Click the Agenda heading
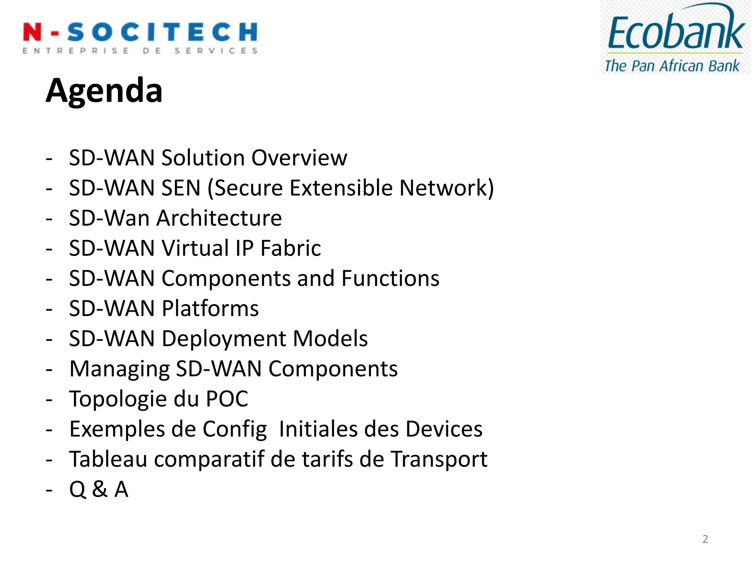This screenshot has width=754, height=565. [104, 90]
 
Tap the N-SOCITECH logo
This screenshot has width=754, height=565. [140, 37]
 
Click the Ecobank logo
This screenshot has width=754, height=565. [675, 37]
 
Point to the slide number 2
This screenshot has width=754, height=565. [705, 539]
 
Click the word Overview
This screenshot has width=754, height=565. [299, 158]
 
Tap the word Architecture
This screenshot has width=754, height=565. [219, 218]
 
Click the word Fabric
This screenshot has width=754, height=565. [290, 248]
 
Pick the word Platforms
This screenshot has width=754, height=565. [210, 309]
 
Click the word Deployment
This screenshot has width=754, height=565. [224, 339]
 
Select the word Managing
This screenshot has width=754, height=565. [119, 369]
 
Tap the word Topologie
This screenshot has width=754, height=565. [118, 399]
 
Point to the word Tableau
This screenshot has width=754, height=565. [108, 459]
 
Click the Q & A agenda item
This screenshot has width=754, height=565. [99, 490]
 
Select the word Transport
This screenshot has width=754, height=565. [439, 459]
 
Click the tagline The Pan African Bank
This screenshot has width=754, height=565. [672, 66]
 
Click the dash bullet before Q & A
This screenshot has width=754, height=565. [49, 490]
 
